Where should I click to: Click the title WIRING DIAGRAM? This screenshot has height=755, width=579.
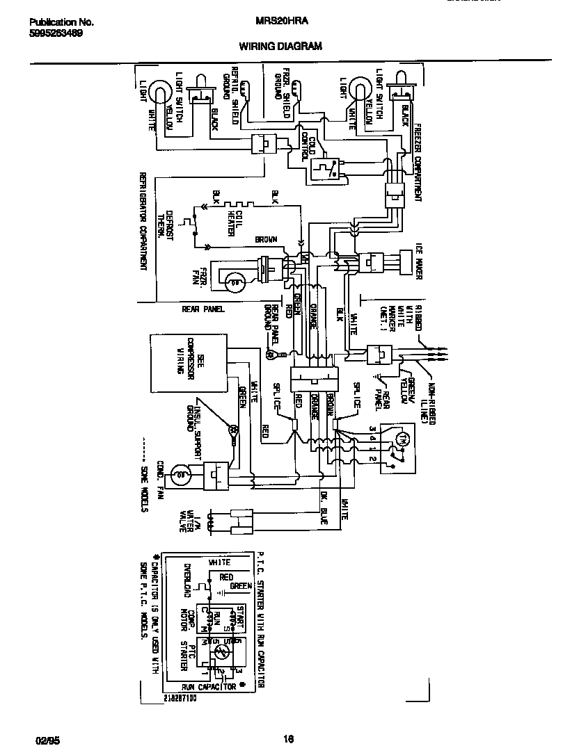point(280,47)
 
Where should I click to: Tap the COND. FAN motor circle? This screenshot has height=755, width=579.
point(180,476)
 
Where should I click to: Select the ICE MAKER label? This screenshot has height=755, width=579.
point(420,263)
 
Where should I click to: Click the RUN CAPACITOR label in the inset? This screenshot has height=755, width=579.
point(209,686)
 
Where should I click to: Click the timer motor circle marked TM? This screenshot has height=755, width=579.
point(401,437)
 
